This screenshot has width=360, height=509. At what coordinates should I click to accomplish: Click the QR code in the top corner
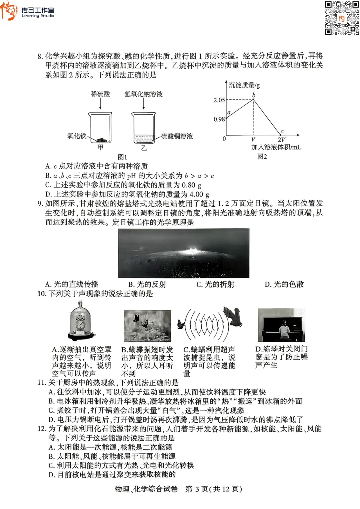tap(342, 18)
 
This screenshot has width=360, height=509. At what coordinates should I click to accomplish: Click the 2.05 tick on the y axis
tap(219, 100)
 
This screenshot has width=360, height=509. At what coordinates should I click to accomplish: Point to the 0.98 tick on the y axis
tap(219, 119)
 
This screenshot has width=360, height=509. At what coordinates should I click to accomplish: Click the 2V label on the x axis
tap(281, 140)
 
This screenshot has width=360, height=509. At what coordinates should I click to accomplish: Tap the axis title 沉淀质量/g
tap(244, 85)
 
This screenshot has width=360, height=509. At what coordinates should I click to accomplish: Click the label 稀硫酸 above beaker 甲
tap(100, 94)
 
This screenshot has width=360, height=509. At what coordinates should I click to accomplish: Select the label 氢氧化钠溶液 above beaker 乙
tap(144, 94)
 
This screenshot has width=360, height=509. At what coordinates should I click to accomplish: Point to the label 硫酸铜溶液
tap(177, 136)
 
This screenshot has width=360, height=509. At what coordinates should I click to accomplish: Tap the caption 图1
tap(122, 157)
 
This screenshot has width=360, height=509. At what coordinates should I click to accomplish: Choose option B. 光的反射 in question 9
tap(147, 284)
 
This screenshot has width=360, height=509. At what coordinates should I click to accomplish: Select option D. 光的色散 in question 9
tap(284, 284)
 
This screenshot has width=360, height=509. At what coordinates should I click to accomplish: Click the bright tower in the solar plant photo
tap(192, 250)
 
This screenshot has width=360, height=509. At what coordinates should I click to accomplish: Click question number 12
tap(42, 429)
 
